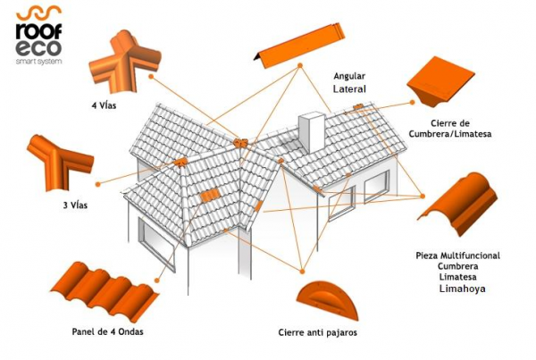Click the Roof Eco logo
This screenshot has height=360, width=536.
39,35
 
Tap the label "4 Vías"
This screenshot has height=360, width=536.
104,105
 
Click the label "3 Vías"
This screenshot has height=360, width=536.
75,205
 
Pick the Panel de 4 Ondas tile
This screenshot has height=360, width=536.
105,291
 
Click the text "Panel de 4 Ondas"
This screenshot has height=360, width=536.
108,331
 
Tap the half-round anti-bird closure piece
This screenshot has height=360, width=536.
327,300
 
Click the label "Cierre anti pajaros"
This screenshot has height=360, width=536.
317,332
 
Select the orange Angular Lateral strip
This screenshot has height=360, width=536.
299,46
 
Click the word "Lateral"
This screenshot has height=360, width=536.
349,89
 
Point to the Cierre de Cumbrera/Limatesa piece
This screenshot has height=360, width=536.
440,81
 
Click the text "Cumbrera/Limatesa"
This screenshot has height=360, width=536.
450,134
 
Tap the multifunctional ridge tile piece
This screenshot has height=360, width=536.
457,204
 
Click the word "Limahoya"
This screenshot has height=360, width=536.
462,289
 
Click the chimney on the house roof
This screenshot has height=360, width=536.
312,132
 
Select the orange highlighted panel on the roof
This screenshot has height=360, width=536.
209,196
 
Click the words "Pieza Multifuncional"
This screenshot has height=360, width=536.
457,255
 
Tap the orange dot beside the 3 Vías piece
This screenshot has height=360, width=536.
97,184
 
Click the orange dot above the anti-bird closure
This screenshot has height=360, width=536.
302,272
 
